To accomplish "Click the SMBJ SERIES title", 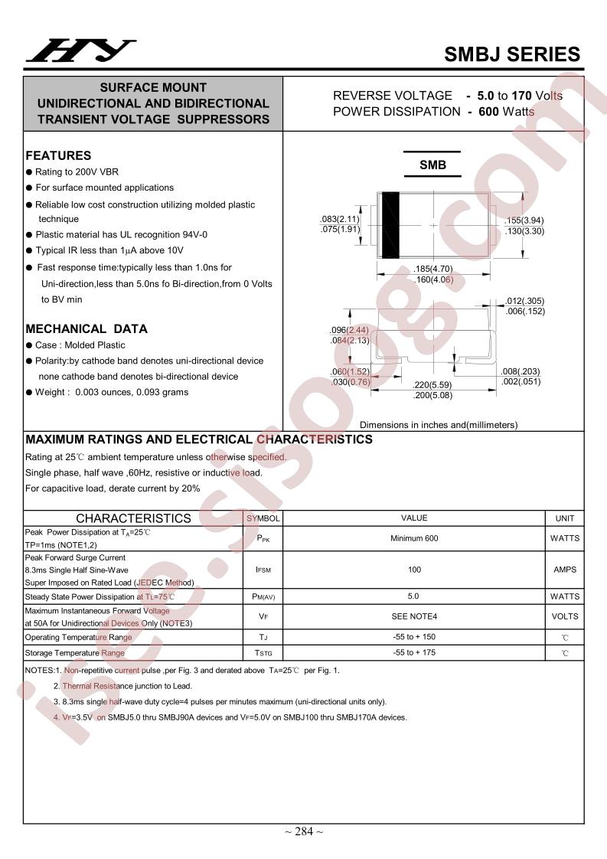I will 512,54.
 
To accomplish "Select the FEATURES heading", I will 58,155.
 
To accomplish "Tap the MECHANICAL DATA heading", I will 86,329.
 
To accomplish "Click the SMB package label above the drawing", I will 432,165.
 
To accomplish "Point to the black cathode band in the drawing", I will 391,225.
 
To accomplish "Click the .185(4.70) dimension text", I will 433,269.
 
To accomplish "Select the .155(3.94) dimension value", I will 524,220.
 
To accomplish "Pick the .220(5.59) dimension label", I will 432,385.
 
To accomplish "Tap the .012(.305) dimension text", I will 525,301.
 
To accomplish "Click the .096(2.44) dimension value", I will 350,331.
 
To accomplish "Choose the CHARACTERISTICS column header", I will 133,518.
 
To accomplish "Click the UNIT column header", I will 564,518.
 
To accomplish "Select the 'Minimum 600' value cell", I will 414,538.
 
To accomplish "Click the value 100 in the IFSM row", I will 414,570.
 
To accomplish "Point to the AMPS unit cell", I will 564,570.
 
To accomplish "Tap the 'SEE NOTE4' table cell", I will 414,616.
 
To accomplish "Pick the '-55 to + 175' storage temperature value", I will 414,653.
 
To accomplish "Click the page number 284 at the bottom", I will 304,832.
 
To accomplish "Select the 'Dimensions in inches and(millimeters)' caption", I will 439,425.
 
